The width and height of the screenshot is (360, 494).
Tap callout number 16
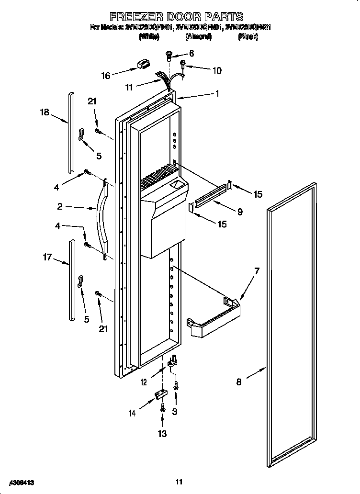pyautogui.click(x=106, y=76)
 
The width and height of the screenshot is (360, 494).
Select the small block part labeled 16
pyautogui.click(x=142, y=64)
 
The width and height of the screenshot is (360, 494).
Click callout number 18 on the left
pyautogui.click(x=45, y=112)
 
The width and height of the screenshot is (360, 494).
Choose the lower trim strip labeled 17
pyautogui.click(x=71, y=280)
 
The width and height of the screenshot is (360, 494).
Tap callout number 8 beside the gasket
pyautogui.click(x=239, y=382)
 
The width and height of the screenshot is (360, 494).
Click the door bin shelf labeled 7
pyautogui.click(x=213, y=323)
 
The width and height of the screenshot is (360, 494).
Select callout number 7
pyautogui.click(x=257, y=271)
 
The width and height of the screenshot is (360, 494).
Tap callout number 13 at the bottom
pyautogui.click(x=162, y=434)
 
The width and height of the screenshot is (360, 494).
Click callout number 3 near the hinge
pyautogui.click(x=175, y=411)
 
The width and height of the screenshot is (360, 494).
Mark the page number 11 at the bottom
pyautogui.click(x=179, y=482)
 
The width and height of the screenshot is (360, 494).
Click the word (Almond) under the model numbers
pyautogui.click(x=198, y=36)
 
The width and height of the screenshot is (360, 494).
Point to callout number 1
pyautogui.click(x=217, y=94)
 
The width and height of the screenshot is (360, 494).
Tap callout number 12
pyautogui.click(x=144, y=381)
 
